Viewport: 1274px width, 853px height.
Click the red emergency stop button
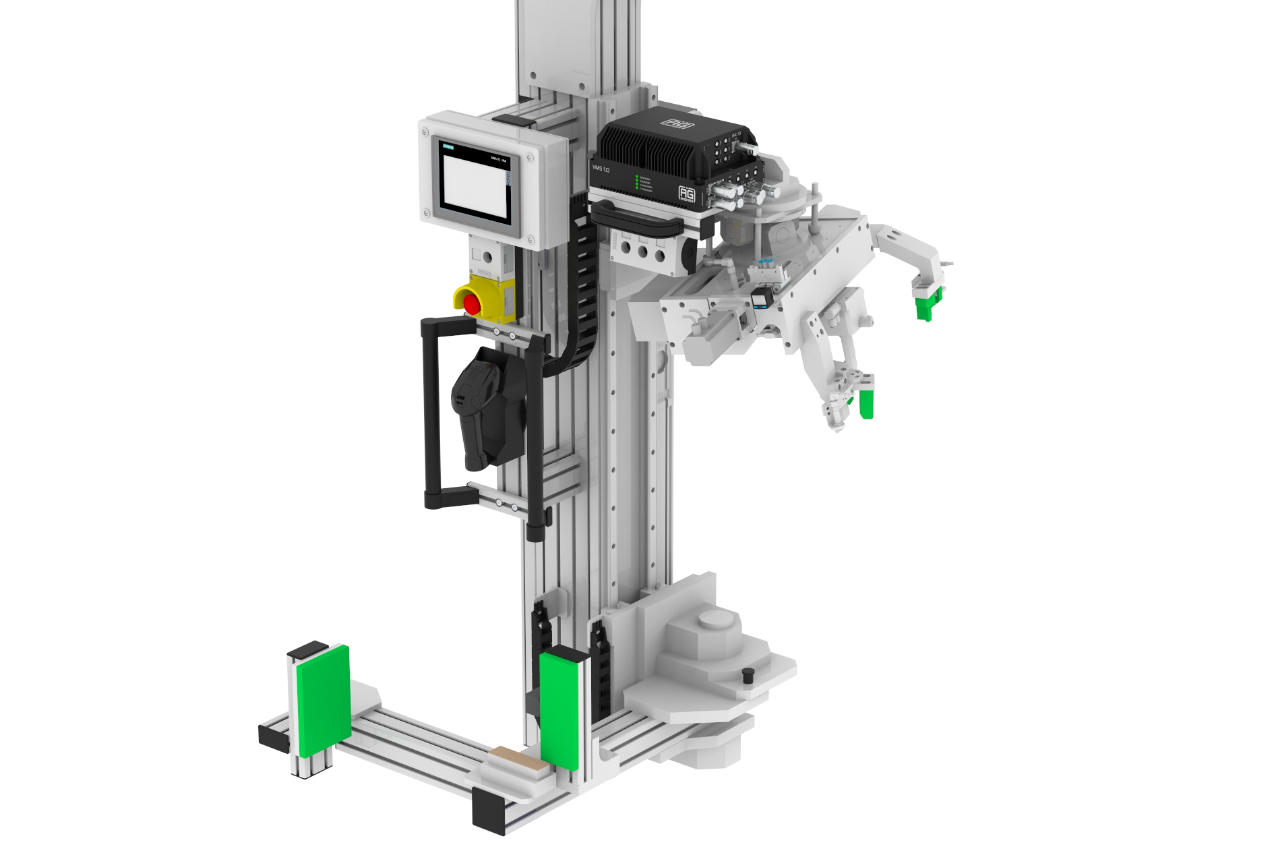pos(472,303)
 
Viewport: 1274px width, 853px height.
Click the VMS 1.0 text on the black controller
pos(600,167)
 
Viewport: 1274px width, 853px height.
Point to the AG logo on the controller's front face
pos(686,194)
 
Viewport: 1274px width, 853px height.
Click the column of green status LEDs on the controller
pos(637,183)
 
